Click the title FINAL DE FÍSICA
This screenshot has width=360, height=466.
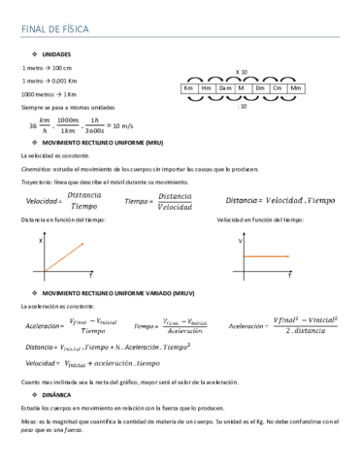[54, 29]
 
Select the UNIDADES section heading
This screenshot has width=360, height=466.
[56, 54]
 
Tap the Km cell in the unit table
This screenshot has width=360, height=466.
[189, 88]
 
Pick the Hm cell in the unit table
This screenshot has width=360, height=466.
[207, 88]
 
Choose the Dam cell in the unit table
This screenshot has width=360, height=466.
[224, 88]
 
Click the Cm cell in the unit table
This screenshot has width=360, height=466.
[278, 88]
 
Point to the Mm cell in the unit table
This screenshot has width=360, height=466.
[296, 88]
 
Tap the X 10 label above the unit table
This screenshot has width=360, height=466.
[242, 73]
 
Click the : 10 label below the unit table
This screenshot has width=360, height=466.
[242, 106]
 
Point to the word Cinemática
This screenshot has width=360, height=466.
[37, 169]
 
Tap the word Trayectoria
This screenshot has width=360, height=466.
[38, 182]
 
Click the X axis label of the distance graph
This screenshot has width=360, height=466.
[41, 239]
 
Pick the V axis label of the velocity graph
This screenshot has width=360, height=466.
[240, 239]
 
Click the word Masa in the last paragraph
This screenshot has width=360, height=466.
[28, 421]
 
